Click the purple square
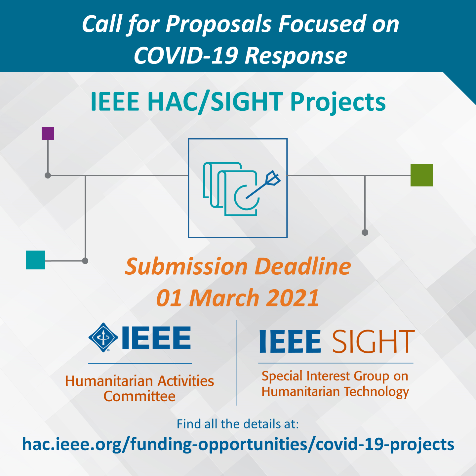pos(48,134)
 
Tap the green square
pos(421,175)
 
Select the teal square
pos(35,260)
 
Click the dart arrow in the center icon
pos(264,186)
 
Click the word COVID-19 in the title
pos(186,55)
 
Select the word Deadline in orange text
pos(302,266)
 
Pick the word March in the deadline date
pos(224,298)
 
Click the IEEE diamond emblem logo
pos(103,337)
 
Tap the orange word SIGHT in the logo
pos(373,341)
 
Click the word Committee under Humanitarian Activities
pos(139,396)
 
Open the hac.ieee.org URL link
pos(238,444)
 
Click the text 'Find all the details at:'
pos(238,424)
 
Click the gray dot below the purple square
pos(48,175)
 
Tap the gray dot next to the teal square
pos(85,261)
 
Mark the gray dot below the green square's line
pos(365,232)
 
